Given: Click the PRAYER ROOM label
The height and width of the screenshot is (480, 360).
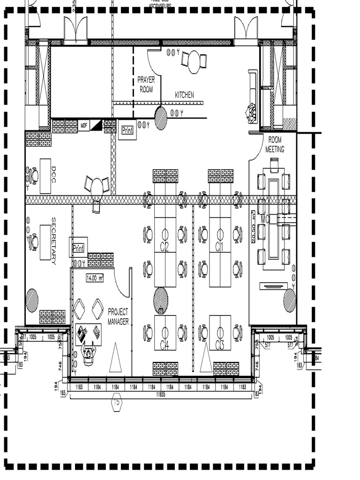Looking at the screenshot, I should click(x=146, y=84).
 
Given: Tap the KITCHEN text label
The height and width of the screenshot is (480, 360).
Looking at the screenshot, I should click(x=184, y=95).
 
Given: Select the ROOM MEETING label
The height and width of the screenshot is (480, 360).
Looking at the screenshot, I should click(x=275, y=144).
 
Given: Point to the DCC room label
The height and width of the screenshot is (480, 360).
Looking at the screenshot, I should click(x=54, y=176).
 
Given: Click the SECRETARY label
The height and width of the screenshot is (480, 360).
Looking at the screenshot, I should click(x=54, y=240).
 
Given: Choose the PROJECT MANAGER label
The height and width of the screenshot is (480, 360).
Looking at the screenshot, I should click(x=118, y=316).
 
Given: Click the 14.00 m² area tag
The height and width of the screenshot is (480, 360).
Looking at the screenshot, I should click(x=94, y=278).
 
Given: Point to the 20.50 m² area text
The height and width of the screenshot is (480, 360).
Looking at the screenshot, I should click(x=254, y=227).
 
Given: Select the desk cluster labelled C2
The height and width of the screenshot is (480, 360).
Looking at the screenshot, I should click(x=165, y=246).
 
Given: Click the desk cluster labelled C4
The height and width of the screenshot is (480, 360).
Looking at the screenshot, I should click(x=165, y=345).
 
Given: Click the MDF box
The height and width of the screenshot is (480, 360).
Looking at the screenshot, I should click(x=84, y=126).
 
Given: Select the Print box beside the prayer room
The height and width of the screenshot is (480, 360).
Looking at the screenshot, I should click(x=127, y=130).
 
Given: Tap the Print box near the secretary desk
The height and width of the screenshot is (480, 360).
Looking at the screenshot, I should click(x=78, y=247).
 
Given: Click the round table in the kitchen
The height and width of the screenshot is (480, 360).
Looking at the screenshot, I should click(x=194, y=62).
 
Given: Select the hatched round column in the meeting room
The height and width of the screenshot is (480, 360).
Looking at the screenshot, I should click(x=289, y=300).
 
